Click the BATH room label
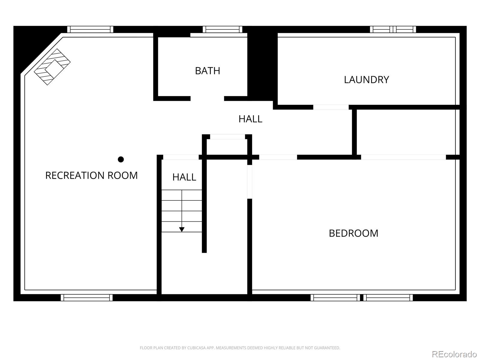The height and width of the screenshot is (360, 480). (207, 71)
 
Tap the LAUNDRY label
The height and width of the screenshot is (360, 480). (367, 79)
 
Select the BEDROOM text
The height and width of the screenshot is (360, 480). (353, 233)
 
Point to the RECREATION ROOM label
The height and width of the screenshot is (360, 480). (91, 175)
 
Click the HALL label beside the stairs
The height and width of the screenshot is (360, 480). (184, 177)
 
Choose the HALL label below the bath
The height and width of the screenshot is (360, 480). (250, 119)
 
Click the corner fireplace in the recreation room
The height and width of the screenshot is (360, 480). (52, 67)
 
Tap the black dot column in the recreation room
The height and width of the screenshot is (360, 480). (121, 159)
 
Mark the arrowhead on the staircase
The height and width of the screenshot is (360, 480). (182, 229)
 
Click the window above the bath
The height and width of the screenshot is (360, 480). (222, 29)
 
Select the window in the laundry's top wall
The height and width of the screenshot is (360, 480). (393, 29)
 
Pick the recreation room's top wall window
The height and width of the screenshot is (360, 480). (90, 29)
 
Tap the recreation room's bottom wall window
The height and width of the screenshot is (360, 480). (87, 298)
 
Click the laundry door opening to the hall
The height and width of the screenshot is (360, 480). (331, 107)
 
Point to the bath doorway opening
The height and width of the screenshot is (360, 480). (207, 99)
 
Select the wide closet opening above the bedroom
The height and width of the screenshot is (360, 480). (403, 157)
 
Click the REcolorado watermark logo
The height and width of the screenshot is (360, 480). (454, 354)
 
